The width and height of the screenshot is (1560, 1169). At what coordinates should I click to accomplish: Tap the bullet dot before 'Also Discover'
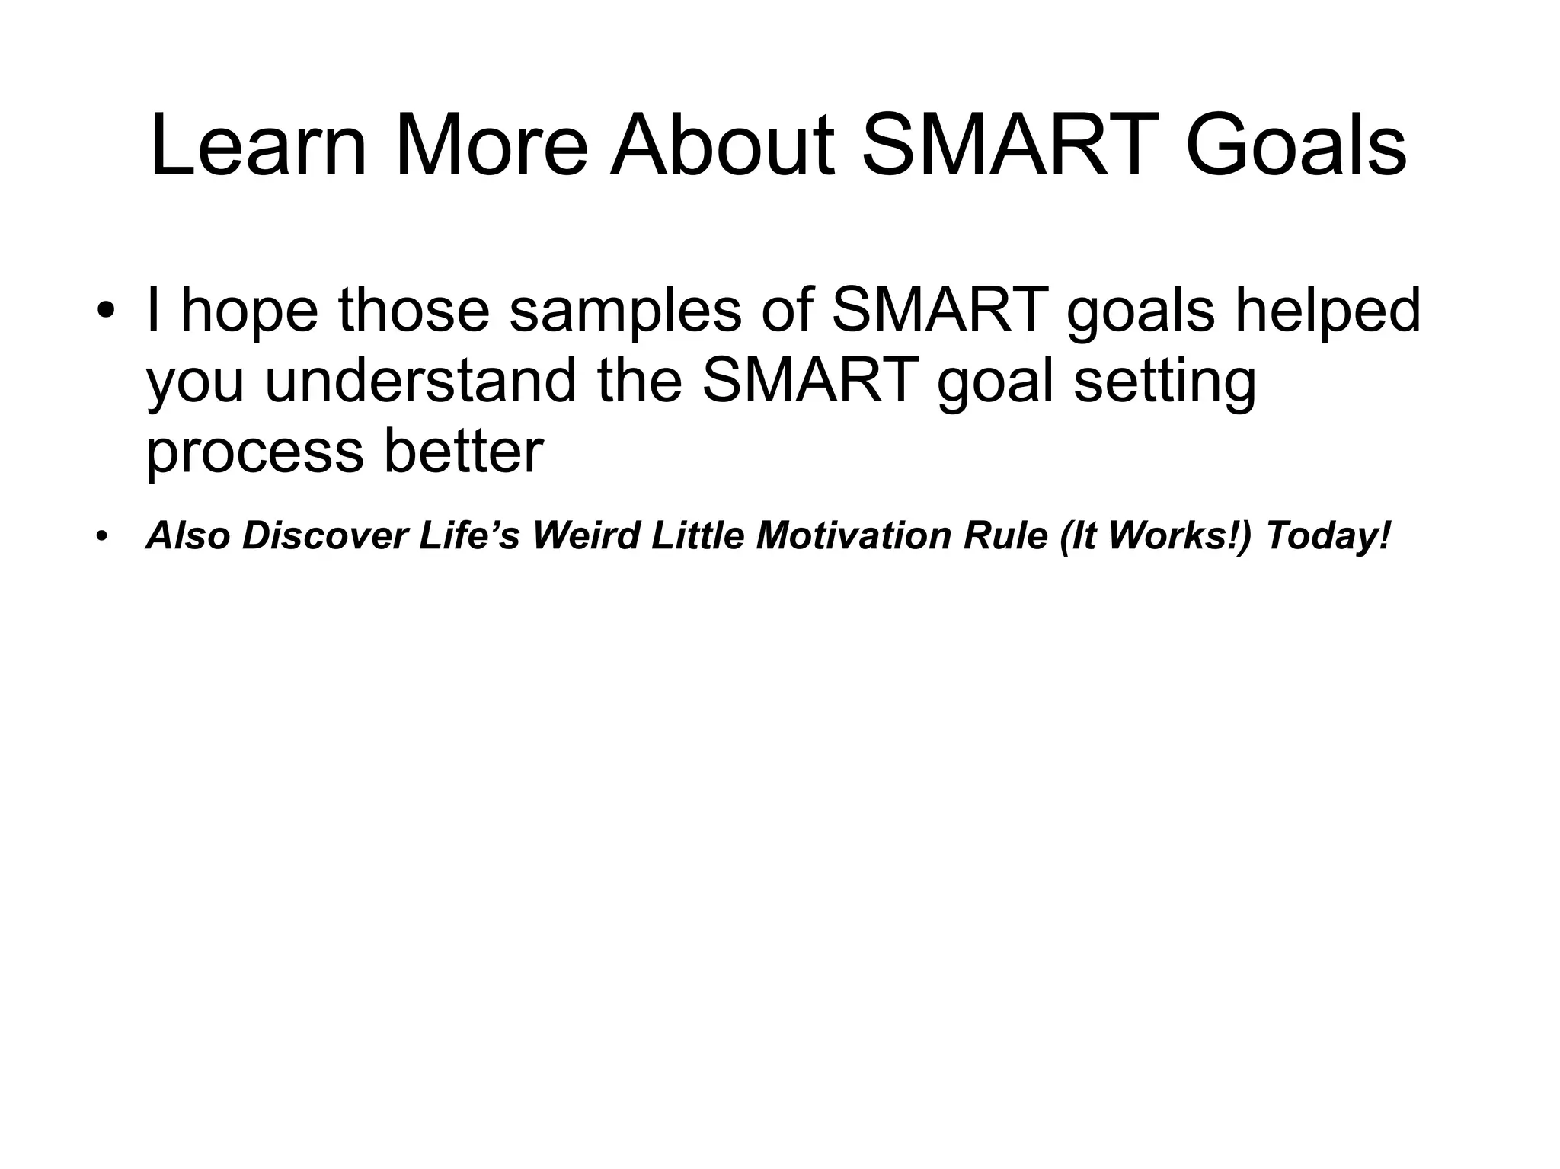pyautogui.click(x=102, y=536)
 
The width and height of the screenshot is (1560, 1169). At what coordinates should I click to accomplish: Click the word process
pyautogui.click(x=254, y=452)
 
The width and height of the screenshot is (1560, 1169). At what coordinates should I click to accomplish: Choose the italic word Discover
pyautogui.click(x=324, y=536)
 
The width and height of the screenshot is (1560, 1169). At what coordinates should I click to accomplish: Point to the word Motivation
pyautogui.click(x=853, y=536)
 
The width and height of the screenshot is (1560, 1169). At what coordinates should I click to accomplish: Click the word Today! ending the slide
pyautogui.click(x=1328, y=536)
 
